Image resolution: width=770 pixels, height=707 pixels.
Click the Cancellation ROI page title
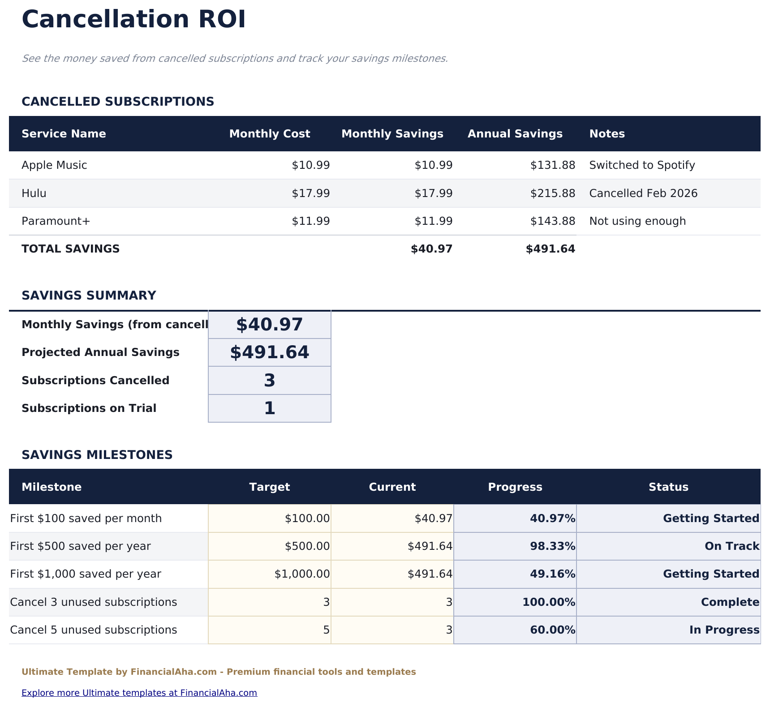click(x=133, y=20)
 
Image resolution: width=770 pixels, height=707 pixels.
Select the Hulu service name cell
click(x=34, y=193)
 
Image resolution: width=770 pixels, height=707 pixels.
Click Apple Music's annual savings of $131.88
click(x=552, y=165)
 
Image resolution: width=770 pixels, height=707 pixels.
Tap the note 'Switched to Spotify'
click(x=642, y=165)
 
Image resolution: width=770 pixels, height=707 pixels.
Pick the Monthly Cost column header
click(x=269, y=134)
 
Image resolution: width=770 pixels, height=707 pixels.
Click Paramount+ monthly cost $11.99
click(x=310, y=221)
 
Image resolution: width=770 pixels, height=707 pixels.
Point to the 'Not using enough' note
click(x=637, y=221)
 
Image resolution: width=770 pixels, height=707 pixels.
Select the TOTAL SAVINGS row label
click(x=70, y=249)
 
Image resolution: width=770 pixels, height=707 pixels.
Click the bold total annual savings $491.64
click(x=550, y=249)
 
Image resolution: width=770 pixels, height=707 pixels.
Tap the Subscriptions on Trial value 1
click(x=269, y=408)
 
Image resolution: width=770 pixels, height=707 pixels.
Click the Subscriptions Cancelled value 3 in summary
click(x=269, y=381)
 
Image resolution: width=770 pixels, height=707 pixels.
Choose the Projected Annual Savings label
click(x=100, y=352)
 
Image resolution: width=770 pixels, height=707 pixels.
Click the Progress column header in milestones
click(x=515, y=487)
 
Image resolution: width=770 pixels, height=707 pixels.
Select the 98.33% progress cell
click(x=552, y=546)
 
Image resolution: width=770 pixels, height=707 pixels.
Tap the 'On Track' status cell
click(x=731, y=546)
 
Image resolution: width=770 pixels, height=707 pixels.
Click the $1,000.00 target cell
click(x=302, y=574)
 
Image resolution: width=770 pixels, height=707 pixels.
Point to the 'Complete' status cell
click(x=730, y=602)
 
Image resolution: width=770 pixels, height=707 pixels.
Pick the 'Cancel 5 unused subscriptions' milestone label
click(x=93, y=630)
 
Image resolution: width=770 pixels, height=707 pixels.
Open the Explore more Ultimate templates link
click(x=139, y=693)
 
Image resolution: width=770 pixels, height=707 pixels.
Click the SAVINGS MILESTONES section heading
click(x=97, y=455)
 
